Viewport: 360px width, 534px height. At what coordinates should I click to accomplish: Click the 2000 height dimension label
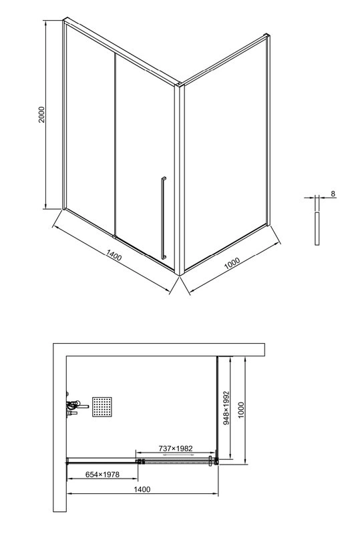point(41,115)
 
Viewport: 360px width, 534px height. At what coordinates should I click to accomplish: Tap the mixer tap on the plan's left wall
point(73,405)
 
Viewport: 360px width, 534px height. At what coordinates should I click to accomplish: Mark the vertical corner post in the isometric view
point(178,180)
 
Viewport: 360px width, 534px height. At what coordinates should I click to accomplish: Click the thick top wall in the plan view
point(160,350)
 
